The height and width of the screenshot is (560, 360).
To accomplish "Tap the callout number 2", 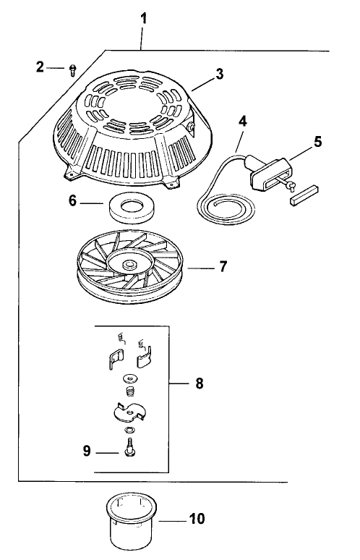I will [x=40, y=67].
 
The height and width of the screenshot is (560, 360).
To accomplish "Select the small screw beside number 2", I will [x=73, y=69].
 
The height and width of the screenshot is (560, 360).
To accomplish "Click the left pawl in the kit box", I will [x=113, y=357].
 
